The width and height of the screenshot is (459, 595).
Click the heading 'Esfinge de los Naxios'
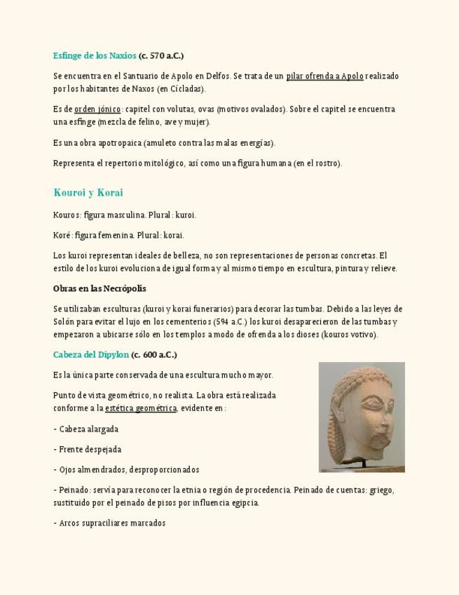[x=95, y=55]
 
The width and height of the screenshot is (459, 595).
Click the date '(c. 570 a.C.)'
[x=161, y=55]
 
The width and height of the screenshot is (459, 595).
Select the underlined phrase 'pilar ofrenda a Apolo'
[x=324, y=76]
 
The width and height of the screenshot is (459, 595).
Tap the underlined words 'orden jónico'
[x=97, y=109]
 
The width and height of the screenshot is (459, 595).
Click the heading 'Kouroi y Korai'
[x=88, y=192]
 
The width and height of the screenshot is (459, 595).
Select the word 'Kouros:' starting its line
[x=67, y=215]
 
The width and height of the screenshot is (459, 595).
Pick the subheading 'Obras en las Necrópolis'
[x=100, y=288]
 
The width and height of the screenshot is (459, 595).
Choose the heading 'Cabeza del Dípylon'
[x=91, y=354]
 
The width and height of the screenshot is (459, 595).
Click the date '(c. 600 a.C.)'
[x=153, y=354]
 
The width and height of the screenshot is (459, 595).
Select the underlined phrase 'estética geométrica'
[x=141, y=408]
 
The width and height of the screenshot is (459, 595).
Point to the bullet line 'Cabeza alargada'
[x=88, y=429]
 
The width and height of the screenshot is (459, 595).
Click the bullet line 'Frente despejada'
[x=90, y=449]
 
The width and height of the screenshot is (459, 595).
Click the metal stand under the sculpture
[x=363, y=463]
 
